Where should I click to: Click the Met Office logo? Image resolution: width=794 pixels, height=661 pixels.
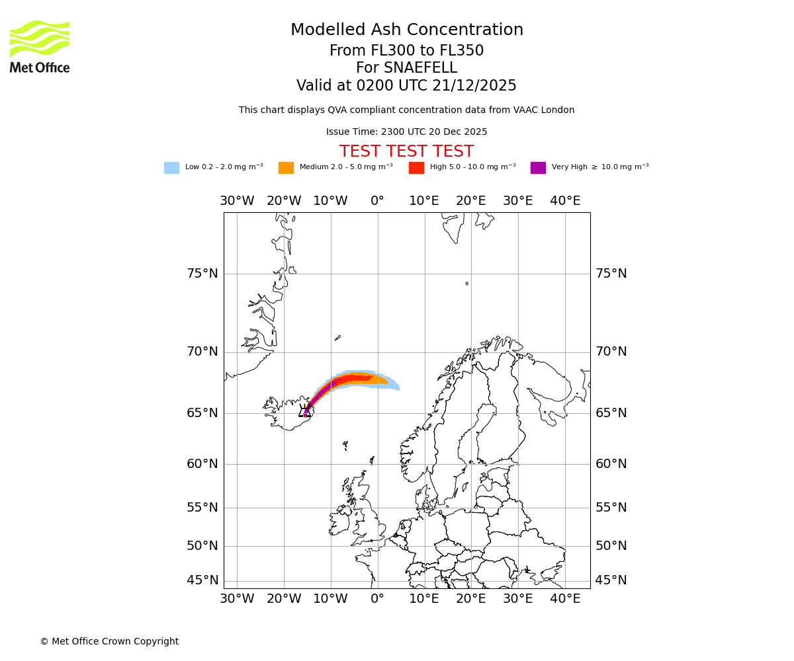point(40,46)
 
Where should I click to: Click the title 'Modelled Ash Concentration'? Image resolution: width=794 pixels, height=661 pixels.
point(406,30)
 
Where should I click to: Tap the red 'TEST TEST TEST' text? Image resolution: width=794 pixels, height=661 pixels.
point(406,152)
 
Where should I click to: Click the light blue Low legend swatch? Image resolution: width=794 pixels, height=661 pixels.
point(171,168)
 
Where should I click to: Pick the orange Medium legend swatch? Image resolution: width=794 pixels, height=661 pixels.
point(286,168)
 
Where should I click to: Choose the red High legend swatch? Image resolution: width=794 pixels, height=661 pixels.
point(416,168)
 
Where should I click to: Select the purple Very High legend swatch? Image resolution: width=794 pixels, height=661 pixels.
point(538,168)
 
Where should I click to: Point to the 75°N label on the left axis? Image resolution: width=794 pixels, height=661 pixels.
point(202,274)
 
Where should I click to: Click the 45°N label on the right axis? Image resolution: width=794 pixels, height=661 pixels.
point(611,580)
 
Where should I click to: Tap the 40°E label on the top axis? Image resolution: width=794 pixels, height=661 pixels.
point(565,201)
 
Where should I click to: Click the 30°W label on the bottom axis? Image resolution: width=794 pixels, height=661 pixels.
point(237,599)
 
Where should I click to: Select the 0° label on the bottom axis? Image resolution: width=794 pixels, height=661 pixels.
point(377,599)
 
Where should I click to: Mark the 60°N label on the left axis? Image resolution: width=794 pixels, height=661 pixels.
point(202,464)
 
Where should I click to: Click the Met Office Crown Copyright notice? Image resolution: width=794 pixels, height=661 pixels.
point(109,641)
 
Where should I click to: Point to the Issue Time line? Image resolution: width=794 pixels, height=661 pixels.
point(406,132)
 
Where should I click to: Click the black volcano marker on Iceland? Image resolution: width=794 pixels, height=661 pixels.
point(305,412)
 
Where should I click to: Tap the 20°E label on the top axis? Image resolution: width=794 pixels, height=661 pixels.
point(471,201)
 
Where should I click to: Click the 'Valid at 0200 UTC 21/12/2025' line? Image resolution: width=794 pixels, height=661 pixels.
point(406,86)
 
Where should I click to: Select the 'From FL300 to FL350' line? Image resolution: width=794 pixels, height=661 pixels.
point(406,51)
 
